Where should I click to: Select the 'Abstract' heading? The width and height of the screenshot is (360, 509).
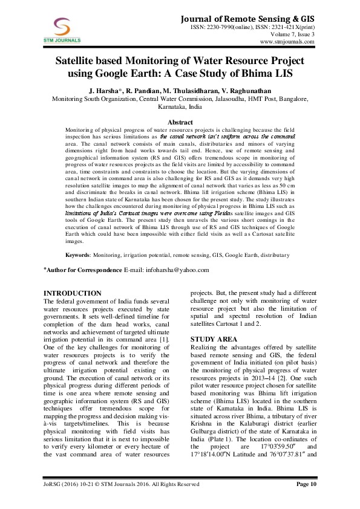click(180, 122)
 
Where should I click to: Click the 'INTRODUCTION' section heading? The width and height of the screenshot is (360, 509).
click(73, 293)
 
